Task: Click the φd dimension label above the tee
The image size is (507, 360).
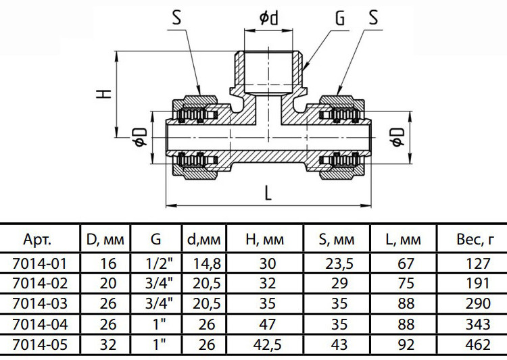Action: point(268,18)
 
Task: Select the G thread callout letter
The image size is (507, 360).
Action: point(340,18)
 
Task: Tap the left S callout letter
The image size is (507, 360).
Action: point(176,18)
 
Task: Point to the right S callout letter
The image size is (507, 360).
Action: point(373,18)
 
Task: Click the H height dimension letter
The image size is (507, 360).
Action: point(104,94)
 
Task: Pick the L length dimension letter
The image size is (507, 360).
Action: point(268,193)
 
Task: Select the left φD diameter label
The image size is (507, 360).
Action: point(141,137)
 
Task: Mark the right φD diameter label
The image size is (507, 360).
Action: point(397,137)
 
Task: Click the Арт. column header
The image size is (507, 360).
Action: point(37,240)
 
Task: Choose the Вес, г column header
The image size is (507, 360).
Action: point(475,240)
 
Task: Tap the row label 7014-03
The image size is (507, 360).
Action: point(40,303)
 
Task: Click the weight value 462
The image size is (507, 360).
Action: point(478,345)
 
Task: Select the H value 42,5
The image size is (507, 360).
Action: point(268,345)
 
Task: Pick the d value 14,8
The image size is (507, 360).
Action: point(207,263)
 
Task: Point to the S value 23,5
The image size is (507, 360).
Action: point(339,263)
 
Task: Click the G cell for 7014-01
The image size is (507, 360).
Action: point(159,263)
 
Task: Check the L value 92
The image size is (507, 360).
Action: point(406,345)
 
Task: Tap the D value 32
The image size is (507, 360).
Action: point(108,345)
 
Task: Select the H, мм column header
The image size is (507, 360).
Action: point(265,240)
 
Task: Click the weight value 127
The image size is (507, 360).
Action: point(478,263)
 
